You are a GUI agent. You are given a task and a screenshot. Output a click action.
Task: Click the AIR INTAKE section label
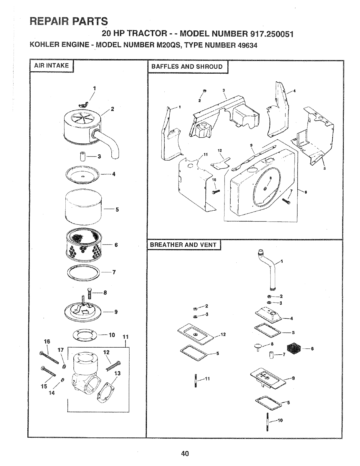51,65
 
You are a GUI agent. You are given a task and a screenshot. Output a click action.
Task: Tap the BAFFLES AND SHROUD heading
187,67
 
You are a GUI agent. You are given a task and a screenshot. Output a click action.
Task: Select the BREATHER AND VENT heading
183,244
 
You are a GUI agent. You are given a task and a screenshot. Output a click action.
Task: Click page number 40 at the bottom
185,454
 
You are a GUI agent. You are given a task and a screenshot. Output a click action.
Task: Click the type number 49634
242,46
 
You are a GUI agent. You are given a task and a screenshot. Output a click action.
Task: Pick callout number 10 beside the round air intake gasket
111,335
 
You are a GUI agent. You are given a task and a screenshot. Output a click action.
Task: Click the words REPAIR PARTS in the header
68,21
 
